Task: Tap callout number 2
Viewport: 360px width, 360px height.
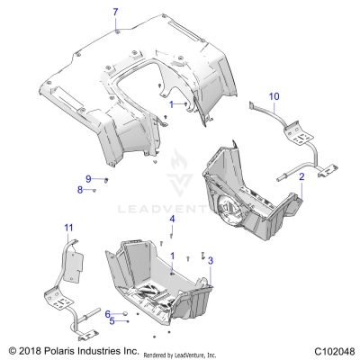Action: click(x=301, y=178)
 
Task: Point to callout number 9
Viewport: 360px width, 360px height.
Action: click(x=88, y=177)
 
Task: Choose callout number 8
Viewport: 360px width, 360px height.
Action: click(x=79, y=190)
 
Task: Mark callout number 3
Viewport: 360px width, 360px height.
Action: click(x=211, y=260)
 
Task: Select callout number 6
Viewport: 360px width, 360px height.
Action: click(x=107, y=313)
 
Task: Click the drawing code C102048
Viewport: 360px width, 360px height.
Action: click(x=329, y=349)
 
